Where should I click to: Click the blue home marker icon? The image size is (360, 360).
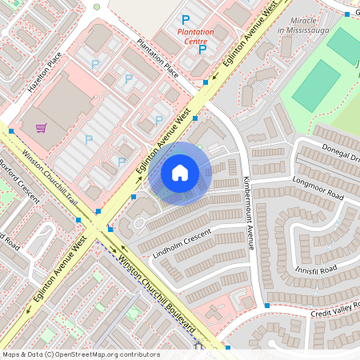coord(180,172)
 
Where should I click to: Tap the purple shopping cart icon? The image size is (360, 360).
coord(41,127)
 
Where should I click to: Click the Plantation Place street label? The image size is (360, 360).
coord(157,58)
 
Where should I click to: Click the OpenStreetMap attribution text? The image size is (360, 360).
coord(81,354)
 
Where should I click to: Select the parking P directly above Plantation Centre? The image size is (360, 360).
coord(186,18)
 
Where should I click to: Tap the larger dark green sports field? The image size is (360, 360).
coord(317,85)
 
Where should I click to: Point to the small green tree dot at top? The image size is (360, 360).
coord(97,6)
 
